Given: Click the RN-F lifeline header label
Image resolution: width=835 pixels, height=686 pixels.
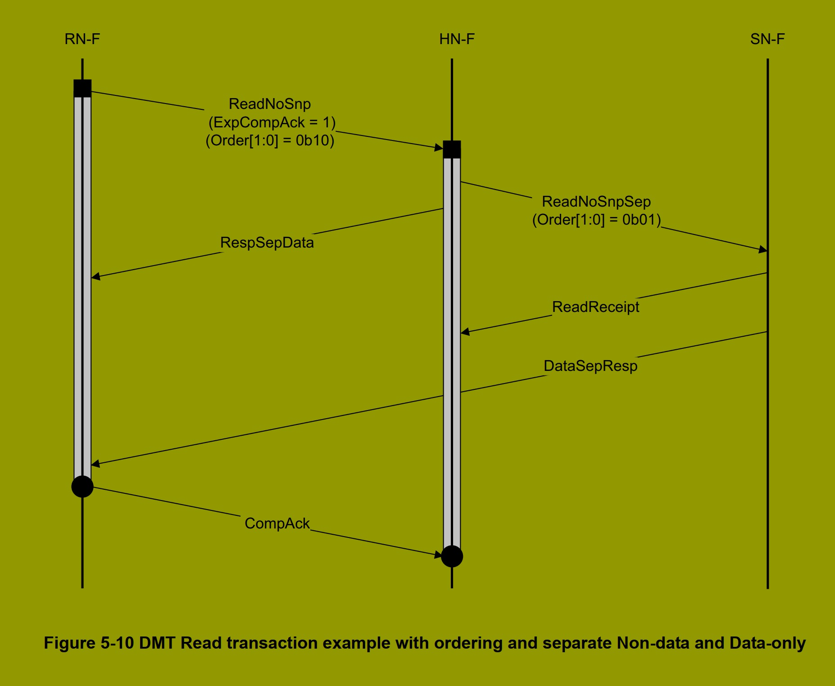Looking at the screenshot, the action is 82,40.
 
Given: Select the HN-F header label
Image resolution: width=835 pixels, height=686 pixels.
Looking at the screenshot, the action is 457,40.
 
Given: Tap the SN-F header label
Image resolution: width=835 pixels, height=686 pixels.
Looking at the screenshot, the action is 767,40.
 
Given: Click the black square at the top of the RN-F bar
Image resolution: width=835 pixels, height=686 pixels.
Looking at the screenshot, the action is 82,88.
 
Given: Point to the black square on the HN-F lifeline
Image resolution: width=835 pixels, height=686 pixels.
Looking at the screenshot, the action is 452,149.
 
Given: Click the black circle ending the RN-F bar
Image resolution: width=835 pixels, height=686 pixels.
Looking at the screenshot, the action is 82,486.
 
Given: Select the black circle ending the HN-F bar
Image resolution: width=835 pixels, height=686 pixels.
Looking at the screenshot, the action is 452,556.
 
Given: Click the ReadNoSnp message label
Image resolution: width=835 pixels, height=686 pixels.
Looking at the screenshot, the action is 269,104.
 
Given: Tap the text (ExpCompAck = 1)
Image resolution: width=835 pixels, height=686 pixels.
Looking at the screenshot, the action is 272,122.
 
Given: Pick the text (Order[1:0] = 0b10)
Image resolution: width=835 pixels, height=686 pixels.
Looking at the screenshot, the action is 270,141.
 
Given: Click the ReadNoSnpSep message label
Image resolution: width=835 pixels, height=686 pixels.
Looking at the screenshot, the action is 596,202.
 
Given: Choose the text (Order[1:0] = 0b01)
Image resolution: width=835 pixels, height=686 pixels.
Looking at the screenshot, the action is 596,220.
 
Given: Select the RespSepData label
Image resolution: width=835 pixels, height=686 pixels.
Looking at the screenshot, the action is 267,243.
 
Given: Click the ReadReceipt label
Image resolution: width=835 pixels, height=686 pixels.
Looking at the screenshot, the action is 595,307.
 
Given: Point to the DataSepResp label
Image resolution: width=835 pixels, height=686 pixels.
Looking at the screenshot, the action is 590,366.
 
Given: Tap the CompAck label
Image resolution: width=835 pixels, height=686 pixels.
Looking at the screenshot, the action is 277,524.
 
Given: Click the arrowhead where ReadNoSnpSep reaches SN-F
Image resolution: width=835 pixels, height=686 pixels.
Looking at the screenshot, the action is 763,249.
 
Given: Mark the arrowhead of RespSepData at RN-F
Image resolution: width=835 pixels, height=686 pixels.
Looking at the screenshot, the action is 95,276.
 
